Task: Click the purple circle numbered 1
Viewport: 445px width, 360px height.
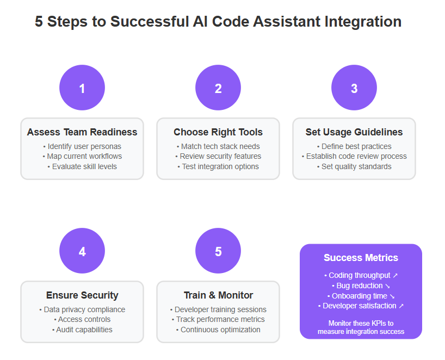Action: click(x=82, y=88)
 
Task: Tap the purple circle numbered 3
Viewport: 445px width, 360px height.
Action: click(x=354, y=88)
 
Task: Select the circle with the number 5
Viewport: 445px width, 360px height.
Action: click(x=218, y=251)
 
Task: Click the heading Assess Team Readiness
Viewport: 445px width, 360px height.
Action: click(x=82, y=132)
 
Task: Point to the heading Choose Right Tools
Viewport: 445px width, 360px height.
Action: click(x=218, y=132)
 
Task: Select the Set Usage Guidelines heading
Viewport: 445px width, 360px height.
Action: click(x=354, y=132)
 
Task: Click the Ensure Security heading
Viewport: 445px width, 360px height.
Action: click(x=82, y=295)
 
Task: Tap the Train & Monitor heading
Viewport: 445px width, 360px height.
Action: click(x=218, y=295)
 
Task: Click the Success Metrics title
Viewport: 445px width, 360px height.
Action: click(x=361, y=258)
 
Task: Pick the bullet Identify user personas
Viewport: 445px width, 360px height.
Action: click(x=82, y=146)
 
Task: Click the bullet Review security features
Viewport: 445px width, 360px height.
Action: click(x=218, y=156)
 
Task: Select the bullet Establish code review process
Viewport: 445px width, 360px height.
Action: click(x=354, y=156)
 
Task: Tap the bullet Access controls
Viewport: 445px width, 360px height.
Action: click(x=82, y=319)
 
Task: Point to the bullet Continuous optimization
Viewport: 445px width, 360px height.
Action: click(x=218, y=330)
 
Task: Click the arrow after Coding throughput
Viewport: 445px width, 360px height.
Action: click(x=395, y=276)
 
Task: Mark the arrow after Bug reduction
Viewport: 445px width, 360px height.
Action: click(x=387, y=286)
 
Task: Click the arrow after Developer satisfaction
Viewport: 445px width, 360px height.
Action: click(x=401, y=306)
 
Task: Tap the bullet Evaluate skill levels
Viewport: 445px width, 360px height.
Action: click(x=82, y=166)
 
